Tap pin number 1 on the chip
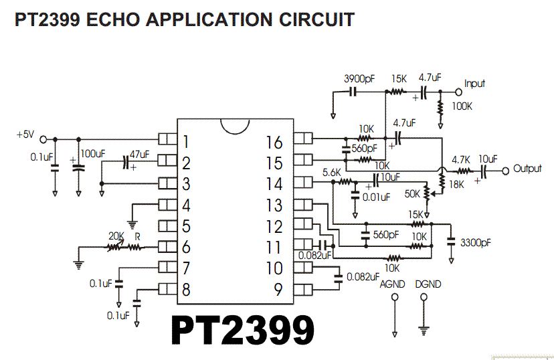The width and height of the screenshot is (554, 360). click(x=185, y=142)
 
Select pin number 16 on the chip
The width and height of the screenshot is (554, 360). click(x=274, y=142)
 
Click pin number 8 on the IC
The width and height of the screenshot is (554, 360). click(x=185, y=290)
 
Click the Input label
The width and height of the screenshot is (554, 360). click(x=474, y=84)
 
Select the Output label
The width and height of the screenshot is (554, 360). click(x=527, y=169)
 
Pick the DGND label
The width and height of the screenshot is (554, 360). click(x=428, y=284)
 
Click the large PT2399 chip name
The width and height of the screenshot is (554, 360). click(x=243, y=330)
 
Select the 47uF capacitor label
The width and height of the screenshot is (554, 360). click(x=139, y=154)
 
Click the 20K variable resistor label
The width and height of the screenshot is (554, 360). click(x=116, y=236)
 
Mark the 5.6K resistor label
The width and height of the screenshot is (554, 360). click(x=333, y=172)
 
